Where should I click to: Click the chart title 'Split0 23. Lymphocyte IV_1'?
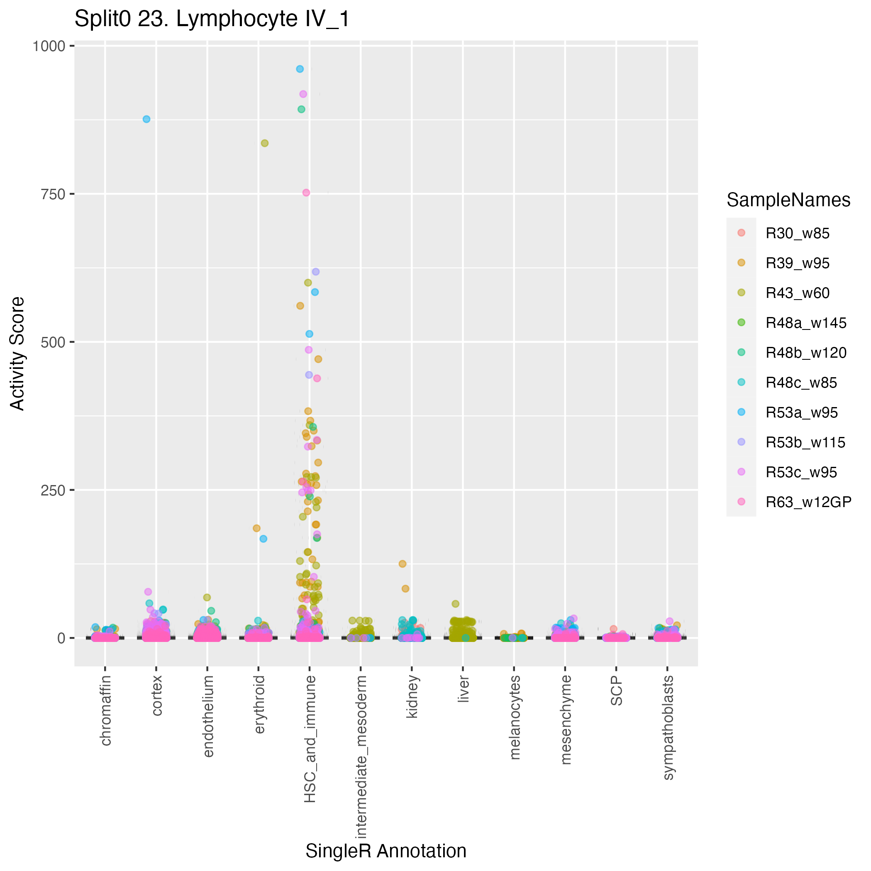click(212, 20)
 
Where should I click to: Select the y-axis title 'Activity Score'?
click(17, 353)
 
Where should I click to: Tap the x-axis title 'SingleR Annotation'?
click(385, 851)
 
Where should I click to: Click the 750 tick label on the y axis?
click(53, 194)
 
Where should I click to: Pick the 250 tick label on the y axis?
click(53, 490)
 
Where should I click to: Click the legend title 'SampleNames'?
click(788, 200)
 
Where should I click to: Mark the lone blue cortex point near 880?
click(146, 119)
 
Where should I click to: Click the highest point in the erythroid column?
click(265, 143)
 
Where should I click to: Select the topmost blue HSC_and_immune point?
click(300, 69)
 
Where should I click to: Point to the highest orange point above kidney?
click(403, 564)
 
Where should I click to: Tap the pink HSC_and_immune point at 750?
click(306, 193)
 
